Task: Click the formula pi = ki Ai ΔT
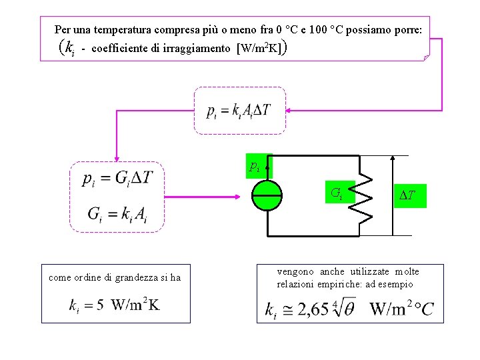pos(239,111)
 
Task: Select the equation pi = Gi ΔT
pos(117,179)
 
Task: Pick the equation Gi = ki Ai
pos(117,214)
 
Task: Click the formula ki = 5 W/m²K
pos(115,305)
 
